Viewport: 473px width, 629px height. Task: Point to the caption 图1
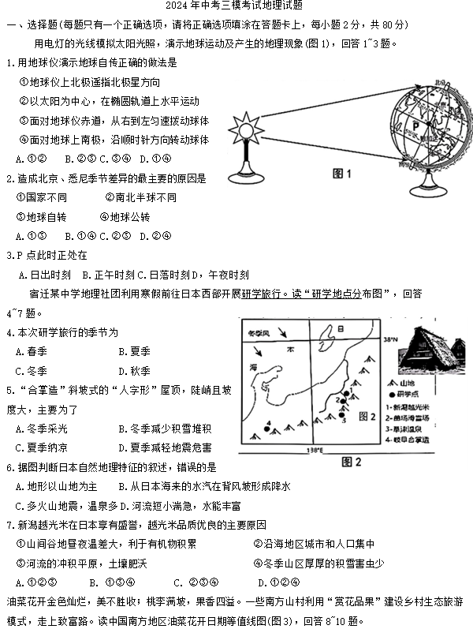341,173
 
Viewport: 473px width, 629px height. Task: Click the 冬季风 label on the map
258,333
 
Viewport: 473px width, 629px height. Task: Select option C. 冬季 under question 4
31,371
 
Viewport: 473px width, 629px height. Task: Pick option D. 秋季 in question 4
134,371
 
